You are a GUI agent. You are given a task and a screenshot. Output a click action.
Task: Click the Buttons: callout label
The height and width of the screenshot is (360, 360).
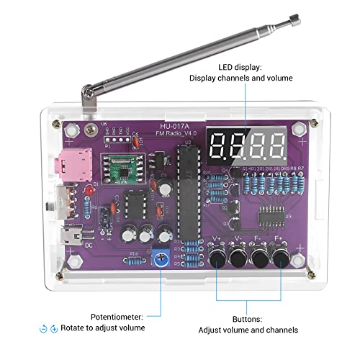(247, 318)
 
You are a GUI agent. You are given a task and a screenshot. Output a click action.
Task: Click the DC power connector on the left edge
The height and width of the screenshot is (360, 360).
(73, 235)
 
